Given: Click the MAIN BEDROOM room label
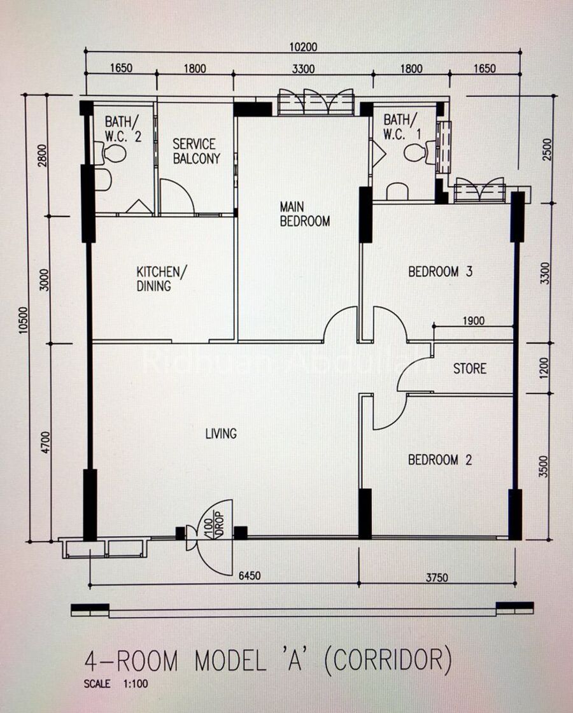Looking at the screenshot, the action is [305, 214].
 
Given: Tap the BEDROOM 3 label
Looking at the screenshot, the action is [440, 271].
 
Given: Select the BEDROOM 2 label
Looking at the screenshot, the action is [440, 460].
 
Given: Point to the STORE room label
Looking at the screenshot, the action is [470, 368].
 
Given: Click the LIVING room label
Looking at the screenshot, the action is [221, 434].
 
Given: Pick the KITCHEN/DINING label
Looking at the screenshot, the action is [162, 279].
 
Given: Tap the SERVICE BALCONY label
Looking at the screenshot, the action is [196, 152].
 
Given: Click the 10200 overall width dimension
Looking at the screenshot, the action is [303, 46].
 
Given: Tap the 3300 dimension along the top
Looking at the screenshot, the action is [303, 69].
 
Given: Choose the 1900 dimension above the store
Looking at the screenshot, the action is [474, 321].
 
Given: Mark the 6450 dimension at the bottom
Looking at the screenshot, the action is [250, 575].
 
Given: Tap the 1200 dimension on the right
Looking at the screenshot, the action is [544, 369].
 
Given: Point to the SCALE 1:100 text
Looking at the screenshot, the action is [116, 684].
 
